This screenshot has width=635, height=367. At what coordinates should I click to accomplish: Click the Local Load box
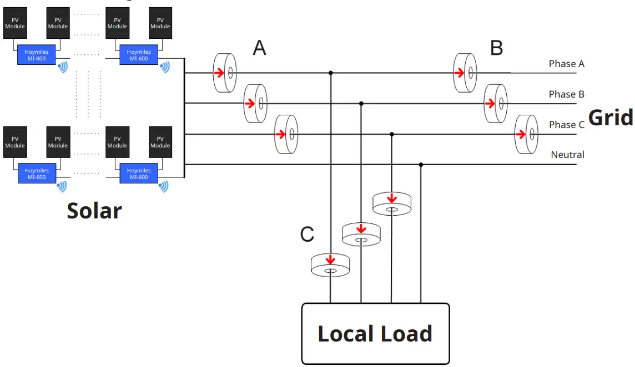pyautogui.click(x=375, y=333)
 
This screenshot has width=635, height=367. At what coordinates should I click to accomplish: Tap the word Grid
pyautogui.click(x=610, y=118)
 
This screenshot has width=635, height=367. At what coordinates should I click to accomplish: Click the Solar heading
pyautogui.click(x=94, y=211)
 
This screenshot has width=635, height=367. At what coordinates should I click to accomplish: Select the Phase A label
pyautogui.click(x=566, y=64)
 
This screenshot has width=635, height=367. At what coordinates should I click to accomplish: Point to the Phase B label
pyautogui.click(x=566, y=94)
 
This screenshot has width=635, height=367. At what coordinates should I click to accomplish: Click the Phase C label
pyautogui.click(x=566, y=125)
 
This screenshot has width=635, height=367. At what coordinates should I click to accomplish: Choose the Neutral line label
pyautogui.click(x=567, y=155)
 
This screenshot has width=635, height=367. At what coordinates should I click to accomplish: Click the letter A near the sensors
pyautogui.click(x=259, y=48)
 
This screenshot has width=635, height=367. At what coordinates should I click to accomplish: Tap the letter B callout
pyautogui.click(x=496, y=48)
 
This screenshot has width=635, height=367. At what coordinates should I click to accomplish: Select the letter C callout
pyautogui.click(x=307, y=235)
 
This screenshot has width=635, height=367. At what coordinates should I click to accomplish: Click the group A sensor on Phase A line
pyautogui.click(x=225, y=73)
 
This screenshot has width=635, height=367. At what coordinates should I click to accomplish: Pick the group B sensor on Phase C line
pyautogui.click(x=527, y=134)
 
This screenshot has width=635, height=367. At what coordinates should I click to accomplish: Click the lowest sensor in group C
pyautogui.click(x=330, y=265)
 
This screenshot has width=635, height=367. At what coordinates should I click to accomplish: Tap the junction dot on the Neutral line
pyautogui.click(x=421, y=165)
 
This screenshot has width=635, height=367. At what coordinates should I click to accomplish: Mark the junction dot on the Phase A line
pyautogui.click(x=331, y=73)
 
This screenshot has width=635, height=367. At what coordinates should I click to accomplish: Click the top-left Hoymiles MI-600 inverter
pyautogui.click(x=37, y=55)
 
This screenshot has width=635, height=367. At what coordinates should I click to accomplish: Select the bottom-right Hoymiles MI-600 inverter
pyautogui.click(x=139, y=174)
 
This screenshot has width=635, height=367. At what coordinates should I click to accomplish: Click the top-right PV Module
pyautogui.click(x=160, y=23)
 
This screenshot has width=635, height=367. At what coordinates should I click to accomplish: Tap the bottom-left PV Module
pyautogui.click(x=15, y=142)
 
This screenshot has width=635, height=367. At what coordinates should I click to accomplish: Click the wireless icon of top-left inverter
pyautogui.click(x=63, y=67)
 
